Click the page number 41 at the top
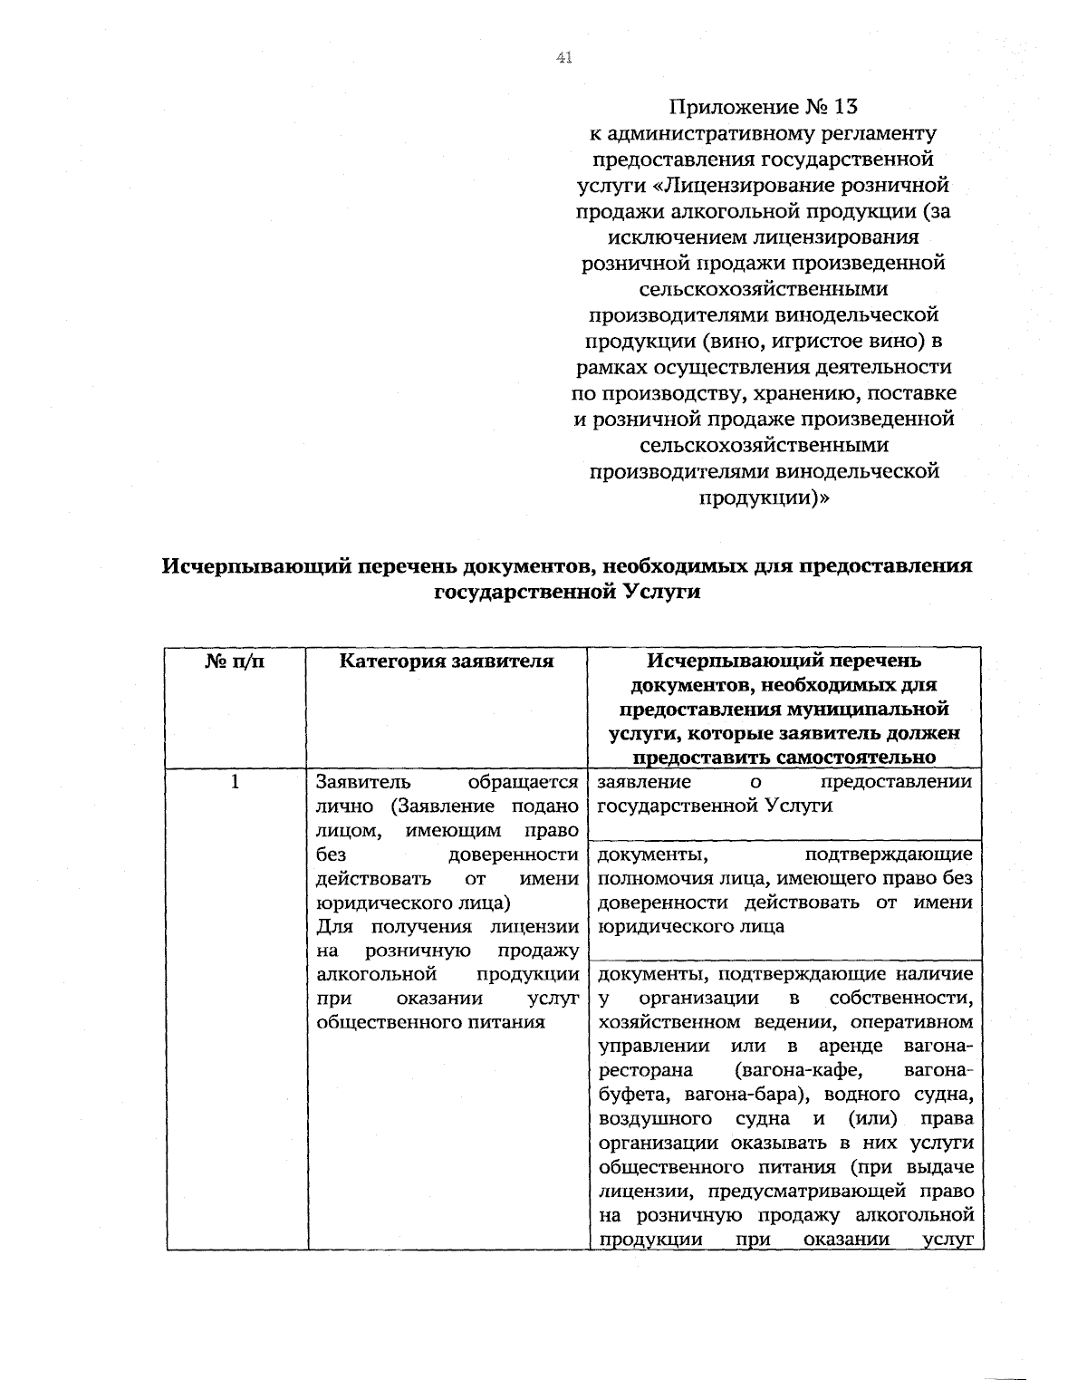pyautogui.click(x=563, y=58)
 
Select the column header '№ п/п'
pyautogui.click(x=236, y=661)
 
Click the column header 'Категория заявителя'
pyautogui.click(x=447, y=661)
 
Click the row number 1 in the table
pyautogui.click(x=236, y=781)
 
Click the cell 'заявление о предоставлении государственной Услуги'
pyautogui.click(x=784, y=794)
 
